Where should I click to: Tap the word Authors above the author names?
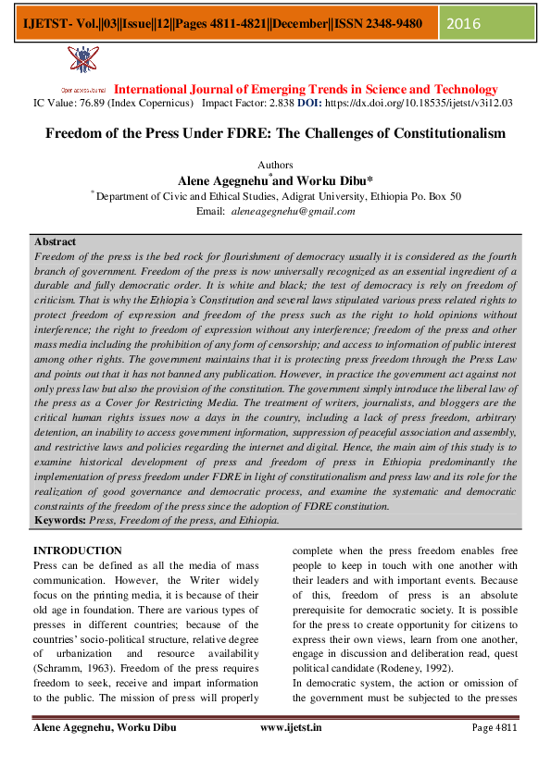pos(275,164)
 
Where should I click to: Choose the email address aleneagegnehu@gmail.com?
pos(294,212)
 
